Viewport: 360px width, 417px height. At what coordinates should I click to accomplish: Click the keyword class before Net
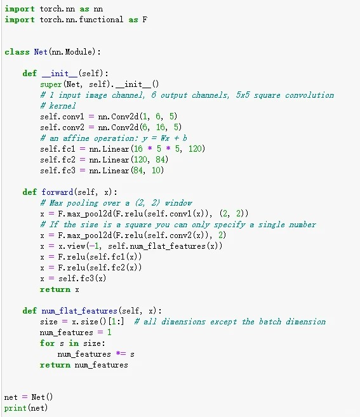17,51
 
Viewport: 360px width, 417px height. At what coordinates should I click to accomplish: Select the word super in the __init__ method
51,84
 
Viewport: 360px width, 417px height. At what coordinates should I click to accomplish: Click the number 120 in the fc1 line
195,149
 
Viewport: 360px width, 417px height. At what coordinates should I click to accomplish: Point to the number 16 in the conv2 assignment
160,127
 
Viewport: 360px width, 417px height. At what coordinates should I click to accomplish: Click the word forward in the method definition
57,192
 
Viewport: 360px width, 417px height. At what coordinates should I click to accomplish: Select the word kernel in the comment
62,106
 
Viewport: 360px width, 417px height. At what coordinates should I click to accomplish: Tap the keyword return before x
55,289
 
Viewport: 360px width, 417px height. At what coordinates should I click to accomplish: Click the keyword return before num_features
55,364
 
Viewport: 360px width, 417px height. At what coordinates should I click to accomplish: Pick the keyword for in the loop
47,343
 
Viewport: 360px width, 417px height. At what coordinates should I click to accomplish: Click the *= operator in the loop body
121,354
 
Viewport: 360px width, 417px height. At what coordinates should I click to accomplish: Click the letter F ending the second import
145,20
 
